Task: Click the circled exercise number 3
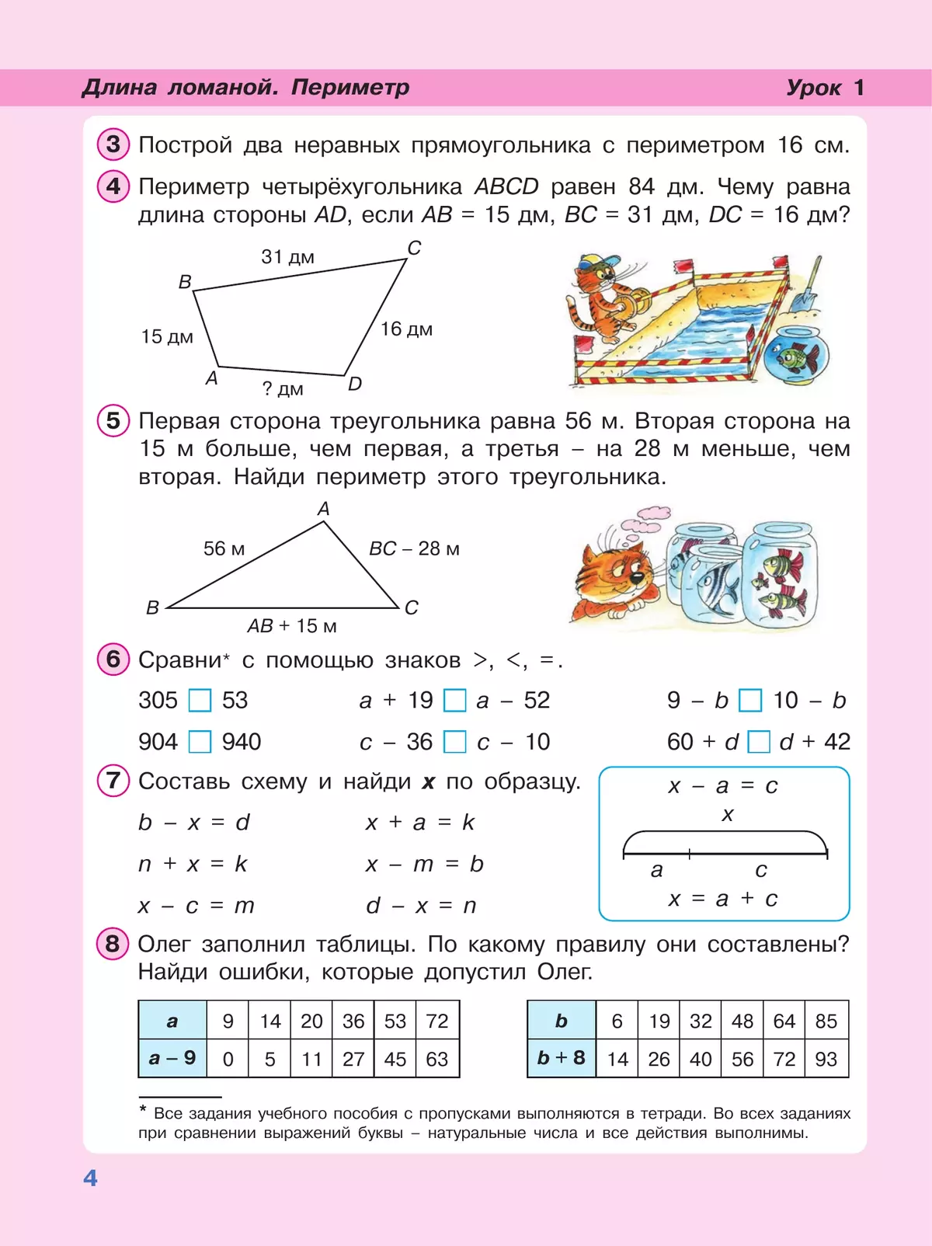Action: pyautogui.click(x=113, y=144)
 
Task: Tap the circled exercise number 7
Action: pyautogui.click(x=113, y=780)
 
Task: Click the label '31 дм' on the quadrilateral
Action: pyautogui.click(x=287, y=257)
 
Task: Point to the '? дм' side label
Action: pyautogui.click(x=283, y=389)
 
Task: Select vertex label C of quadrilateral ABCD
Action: pyautogui.click(x=414, y=248)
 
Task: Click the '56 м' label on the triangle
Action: pyautogui.click(x=224, y=549)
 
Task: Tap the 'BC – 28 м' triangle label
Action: pyautogui.click(x=414, y=549)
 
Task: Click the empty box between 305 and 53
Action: pyautogui.click(x=200, y=701)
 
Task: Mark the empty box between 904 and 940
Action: pyautogui.click(x=200, y=742)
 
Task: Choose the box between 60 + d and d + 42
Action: pyautogui.click(x=758, y=742)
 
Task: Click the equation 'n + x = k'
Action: pyautogui.click(x=193, y=864)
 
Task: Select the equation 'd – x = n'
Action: pyautogui.click(x=421, y=906)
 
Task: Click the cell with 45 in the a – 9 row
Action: pyautogui.click(x=395, y=1059)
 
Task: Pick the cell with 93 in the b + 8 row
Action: pyautogui.click(x=826, y=1059)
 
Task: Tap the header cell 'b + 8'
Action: pyautogui.click(x=561, y=1058)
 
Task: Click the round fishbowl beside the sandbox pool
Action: pyautogui.click(x=795, y=355)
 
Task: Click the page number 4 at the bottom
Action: pyautogui.click(x=90, y=1178)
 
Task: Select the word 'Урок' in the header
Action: pyautogui.click(x=813, y=88)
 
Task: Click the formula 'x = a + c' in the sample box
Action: pyautogui.click(x=723, y=899)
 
